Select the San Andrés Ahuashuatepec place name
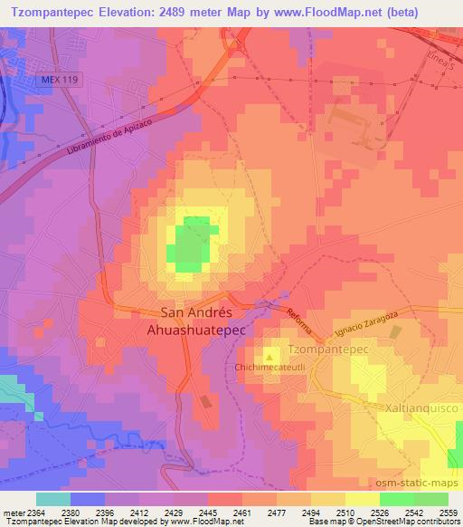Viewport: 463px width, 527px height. pos(203,321)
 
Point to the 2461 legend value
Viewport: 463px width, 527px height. pos(241,512)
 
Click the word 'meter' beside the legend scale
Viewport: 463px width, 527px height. pos(12,512)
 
